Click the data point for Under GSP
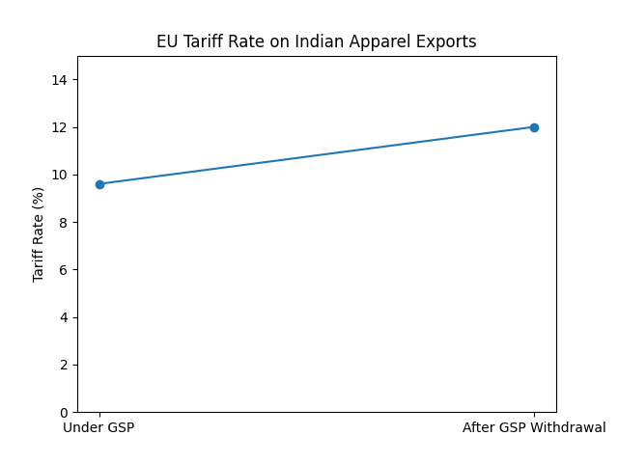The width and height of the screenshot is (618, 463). tap(99, 184)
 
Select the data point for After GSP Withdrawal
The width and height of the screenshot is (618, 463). tap(534, 127)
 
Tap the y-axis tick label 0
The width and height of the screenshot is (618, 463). tap(65, 413)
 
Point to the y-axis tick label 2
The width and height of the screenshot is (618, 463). tap(65, 365)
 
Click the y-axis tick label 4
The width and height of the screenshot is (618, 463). tap(65, 317)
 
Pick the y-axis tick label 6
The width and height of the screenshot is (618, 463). tap(65, 270)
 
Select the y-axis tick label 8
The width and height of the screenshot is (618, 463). tap(65, 223)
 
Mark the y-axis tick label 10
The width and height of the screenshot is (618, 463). tap(61, 175)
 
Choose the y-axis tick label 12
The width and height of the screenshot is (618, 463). tap(61, 127)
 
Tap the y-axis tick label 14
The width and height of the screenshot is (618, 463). tap(61, 80)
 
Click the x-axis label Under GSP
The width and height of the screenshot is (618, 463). tap(99, 427)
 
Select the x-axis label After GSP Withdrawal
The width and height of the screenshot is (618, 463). tap(534, 427)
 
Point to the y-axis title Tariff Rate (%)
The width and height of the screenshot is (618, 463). tap(39, 234)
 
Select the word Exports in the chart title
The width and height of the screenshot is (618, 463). tap(444, 42)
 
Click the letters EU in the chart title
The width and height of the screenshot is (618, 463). tap(166, 42)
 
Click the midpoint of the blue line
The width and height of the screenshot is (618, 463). tap(317, 155)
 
